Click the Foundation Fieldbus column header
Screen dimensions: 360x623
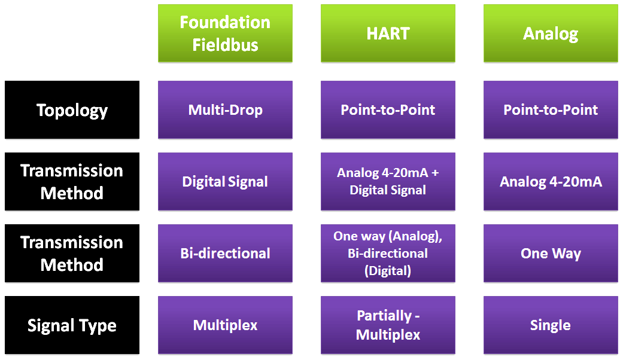pyautogui.click(x=225, y=33)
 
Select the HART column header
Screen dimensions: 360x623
pyautogui.click(x=388, y=33)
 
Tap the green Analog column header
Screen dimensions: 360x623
pyautogui.click(x=551, y=33)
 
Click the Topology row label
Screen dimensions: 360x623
pyautogui.click(x=72, y=110)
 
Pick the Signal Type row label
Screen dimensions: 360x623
pyautogui.click(x=72, y=325)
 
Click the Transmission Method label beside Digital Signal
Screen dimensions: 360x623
pyautogui.click(x=72, y=182)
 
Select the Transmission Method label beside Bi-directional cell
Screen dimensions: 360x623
pyautogui.click(x=72, y=254)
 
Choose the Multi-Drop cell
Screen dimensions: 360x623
pyautogui.click(x=225, y=110)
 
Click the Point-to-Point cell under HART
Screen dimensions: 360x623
pyautogui.click(x=388, y=110)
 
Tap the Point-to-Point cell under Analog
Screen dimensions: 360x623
pyautogui.click(x=551, y=110)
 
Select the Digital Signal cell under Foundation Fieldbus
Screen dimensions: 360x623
pyautogui.click(x=225, y=182)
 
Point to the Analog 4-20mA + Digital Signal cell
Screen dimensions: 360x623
pyautogui.click(x=388, y=182)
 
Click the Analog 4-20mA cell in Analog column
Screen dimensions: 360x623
pyautogui.click(x=551, y=182)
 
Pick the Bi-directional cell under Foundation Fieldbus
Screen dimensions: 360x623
pyautogui.click(x=225, y=254)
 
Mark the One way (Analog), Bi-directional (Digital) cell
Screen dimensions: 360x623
pyautogui.click(x=388, y=254)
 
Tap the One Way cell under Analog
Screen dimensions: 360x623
pyautogui.click(x=551, y=254)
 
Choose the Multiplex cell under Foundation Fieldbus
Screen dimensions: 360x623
pyautogui.click(x=225, y=325)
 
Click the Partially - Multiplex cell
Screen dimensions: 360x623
pyautogui.click(x=388, y=325)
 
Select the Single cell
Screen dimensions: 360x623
pyautogui.click(x=551, y=325)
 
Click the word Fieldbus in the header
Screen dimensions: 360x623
pyautogui.click(x=225, y=45)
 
